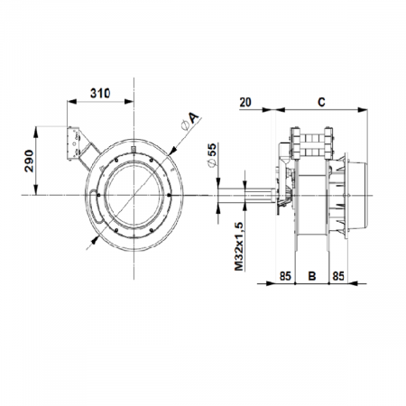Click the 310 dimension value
pyautogui.click(x=100, y=93)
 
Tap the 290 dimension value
pyautogui.click(x=29, y=161)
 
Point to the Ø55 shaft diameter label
pyautogui.click(x=212, y=155)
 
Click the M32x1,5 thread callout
pyautogui.click(x=238, y=246)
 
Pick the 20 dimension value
pyautogui.click(x=245, y=102)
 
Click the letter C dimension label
pyautogui.click(x=321, y=102)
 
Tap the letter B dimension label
pyautogui.click(x=312, y=275)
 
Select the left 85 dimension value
pyautogui.click(x=285, y=275)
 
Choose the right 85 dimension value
pyautogui.click(x=338, y=275)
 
